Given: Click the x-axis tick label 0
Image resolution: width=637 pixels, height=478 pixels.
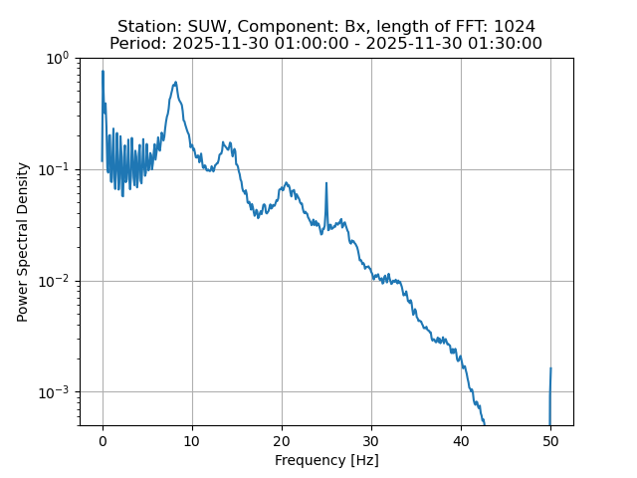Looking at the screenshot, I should [103, 440].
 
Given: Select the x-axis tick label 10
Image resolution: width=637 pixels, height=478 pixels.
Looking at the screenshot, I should [192, 440].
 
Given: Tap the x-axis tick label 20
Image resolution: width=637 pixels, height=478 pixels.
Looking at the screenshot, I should [282, 440].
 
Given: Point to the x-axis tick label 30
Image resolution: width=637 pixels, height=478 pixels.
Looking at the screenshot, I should [371, 440].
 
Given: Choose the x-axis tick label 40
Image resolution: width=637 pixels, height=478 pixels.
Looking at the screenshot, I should [461, 440].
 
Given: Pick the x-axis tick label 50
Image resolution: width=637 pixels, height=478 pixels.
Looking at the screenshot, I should [550, 440].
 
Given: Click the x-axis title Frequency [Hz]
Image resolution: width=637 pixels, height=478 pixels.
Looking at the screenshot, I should [326, 460].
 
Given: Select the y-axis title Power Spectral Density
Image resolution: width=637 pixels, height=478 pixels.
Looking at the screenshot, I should [23, 242].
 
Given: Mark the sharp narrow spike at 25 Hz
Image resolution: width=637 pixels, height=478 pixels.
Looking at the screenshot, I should [325, 183].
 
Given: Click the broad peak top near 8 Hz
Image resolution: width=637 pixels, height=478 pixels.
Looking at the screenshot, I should [175, 83].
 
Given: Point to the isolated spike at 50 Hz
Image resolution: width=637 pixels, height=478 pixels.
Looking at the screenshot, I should [550, 369].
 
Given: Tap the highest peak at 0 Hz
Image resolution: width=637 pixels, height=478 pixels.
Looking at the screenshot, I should [103, 72].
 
